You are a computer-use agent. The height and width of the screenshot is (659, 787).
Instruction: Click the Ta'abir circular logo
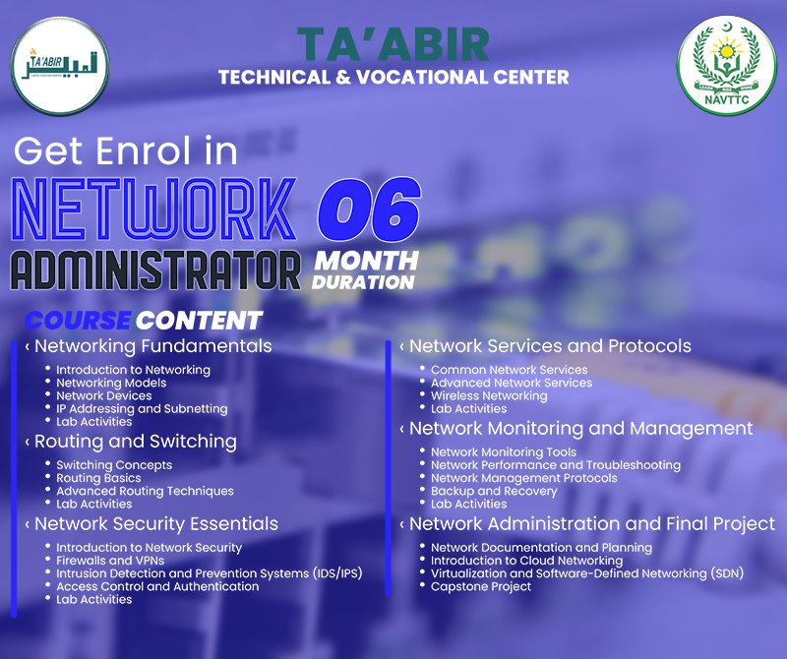[60, 66]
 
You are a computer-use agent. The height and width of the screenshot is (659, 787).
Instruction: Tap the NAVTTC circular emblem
[726, 66]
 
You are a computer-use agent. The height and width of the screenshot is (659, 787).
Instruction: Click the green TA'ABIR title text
[393, 44]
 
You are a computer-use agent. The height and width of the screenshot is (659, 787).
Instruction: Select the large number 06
[369, 209]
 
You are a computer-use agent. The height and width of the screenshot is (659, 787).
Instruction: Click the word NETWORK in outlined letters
[154, 210]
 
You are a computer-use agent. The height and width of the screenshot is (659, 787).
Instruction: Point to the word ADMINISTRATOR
[155, 270]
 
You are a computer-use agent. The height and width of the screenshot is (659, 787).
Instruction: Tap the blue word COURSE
[78, 321]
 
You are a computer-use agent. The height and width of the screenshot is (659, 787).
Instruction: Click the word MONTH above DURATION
[366, 261]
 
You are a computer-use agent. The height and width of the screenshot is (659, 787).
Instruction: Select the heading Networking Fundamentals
[153, 346]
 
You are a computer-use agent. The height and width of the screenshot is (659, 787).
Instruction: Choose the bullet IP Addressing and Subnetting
[142, 408]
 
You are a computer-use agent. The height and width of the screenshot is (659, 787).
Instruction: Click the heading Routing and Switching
[136, 442]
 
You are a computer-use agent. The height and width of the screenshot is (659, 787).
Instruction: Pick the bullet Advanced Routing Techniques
[145, 491]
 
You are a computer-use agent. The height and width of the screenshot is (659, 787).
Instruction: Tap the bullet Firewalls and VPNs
[110, 560]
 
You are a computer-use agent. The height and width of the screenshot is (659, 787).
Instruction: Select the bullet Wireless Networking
[489, 395]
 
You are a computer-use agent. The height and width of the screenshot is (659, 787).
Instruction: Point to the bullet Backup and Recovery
[494, 491]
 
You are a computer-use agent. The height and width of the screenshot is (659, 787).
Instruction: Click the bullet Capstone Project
[481, 586]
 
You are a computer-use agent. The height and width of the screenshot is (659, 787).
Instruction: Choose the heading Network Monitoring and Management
[580, 428]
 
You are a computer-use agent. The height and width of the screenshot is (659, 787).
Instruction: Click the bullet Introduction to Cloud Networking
[526, 560]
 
